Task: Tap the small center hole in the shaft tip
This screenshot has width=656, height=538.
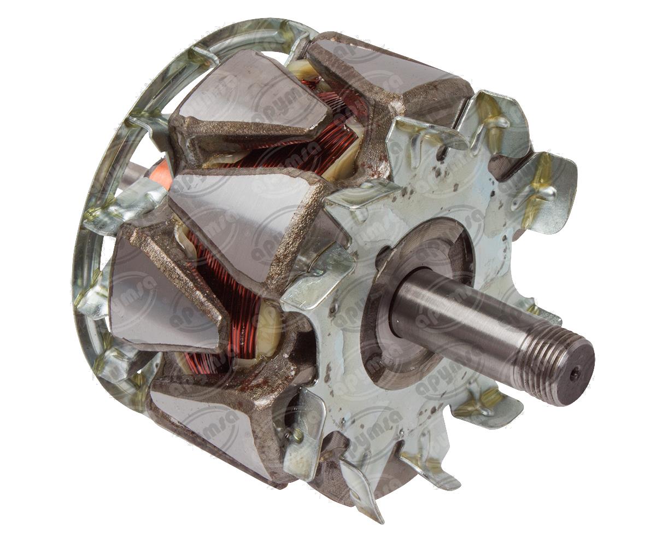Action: [x=573, y=374]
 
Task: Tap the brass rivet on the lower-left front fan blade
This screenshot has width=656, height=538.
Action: [x=297, y=435]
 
